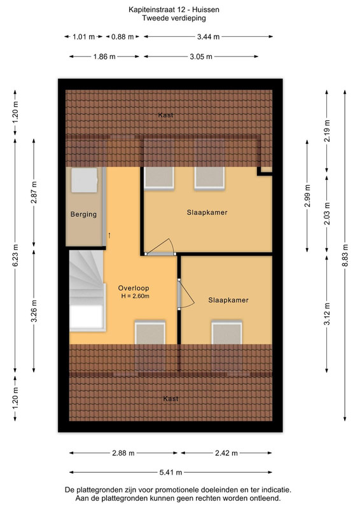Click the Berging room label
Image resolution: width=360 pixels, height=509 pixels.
tap(83, 214)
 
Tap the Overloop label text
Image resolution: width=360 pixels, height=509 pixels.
tap(134, 288)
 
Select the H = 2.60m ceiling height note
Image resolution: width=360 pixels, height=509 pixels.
tap(135, 296)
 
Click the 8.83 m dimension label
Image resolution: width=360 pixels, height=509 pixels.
tap(345, 255)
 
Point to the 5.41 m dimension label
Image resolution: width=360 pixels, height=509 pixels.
tap(170, 472)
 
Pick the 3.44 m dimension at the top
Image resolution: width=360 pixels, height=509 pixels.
tap(208, 37)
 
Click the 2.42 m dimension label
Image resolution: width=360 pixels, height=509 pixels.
tap(226, 453)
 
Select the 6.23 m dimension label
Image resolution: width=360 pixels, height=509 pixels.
tap(15, 255)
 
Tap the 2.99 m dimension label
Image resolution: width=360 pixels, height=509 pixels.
tap(308, 196)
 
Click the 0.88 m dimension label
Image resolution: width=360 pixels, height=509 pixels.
tap(122, 37)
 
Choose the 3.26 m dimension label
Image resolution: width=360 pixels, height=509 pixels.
tap(34, 311)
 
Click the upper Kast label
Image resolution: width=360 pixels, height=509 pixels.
tap(165, 115)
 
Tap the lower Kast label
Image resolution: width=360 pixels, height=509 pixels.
tap(170, 399)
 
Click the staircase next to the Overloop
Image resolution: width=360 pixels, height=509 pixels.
tap(87, 290)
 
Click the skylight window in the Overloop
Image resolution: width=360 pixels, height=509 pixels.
tap(150, 333)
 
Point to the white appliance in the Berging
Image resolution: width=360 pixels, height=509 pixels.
tap(85, 180)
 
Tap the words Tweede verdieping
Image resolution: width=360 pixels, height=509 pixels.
tap(174, 18)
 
